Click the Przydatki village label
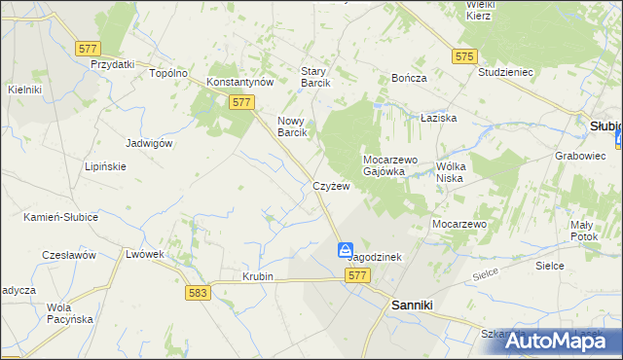point(112,64)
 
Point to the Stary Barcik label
point(315,77)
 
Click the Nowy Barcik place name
point(293,126)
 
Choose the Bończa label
point(409,77)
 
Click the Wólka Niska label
point(458,171)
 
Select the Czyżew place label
point(331,186)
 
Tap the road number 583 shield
point(199,292)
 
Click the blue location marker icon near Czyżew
point(347,251)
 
